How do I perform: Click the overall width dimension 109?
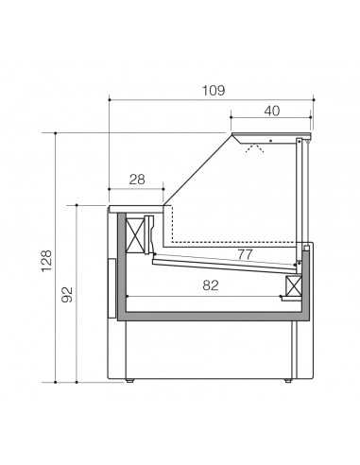(213, 90)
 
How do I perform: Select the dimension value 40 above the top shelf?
(271, 111)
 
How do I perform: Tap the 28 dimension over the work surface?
(137, 179)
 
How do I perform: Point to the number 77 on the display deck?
(245, 254)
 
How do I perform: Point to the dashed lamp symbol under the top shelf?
(253, 148)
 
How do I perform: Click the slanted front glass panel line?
(198, 170)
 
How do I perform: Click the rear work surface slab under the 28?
(137, 205)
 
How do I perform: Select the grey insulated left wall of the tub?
(121, 265)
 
